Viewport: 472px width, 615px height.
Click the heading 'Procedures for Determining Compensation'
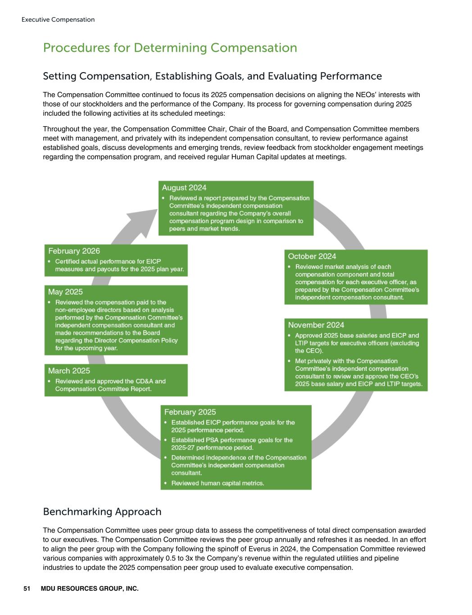(x=170, y=48)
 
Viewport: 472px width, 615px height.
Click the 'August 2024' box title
(x=184, y=187)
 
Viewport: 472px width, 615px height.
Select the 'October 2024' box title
(x=312, y=256)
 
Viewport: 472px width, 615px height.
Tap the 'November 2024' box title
(x=316, y=325)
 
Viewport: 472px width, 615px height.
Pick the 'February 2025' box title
(x=190, y=412)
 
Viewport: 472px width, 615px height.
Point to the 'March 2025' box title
(x=69, y=370)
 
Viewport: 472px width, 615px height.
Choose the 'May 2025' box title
(x=65, y=292)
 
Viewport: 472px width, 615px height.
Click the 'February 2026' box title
(x=74, y=251)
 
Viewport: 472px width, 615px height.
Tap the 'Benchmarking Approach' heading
(x=102, y=511)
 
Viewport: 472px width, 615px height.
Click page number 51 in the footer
(x=27, y=588)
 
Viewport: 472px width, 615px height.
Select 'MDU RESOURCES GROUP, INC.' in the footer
(x=90, y=588)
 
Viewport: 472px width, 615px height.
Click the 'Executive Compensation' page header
(x=58, y=19)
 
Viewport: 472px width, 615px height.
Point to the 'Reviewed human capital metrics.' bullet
(x=218, y=483)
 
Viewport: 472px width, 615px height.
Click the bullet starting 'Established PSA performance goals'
(x=231, y=443)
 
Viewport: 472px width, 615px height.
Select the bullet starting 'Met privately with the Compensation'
(x=359, y=373)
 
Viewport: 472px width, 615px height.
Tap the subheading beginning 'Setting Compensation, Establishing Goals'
(x=212, y=76)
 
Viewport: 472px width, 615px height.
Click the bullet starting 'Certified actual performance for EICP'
(x=119, y=265)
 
